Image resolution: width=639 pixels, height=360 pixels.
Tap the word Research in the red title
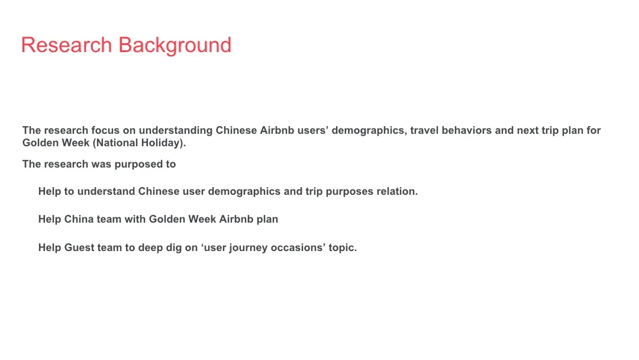[x=66, y=46]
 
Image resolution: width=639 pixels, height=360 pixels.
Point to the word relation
[x=397, y=191]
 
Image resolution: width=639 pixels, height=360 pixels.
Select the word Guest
[x=79, y=247]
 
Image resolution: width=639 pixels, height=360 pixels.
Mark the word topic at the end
[x=343, y=248]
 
